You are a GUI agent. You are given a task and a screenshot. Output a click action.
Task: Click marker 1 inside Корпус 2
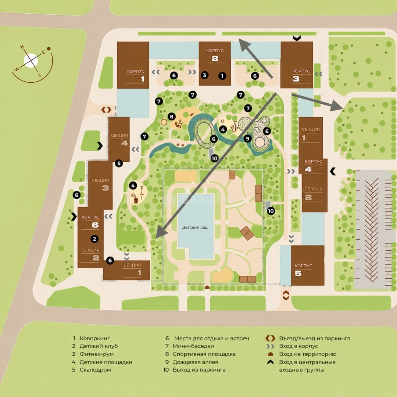222,76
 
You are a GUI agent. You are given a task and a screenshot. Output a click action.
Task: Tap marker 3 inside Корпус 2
205,75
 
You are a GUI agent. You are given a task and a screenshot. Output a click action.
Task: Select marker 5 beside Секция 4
119,163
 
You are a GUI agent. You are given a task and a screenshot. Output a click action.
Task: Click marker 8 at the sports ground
172,117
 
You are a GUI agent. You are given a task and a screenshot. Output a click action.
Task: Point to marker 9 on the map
247,139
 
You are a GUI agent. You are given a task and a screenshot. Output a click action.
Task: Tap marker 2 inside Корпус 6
94,239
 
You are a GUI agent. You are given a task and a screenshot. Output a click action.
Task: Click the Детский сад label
195,228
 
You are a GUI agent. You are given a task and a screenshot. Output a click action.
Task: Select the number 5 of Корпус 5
298,273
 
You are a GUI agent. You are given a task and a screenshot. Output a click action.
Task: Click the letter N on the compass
22,47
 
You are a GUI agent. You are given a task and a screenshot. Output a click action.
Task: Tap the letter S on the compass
40,75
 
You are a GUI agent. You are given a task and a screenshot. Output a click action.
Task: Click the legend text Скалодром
95,370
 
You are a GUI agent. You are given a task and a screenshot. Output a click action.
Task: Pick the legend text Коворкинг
95,338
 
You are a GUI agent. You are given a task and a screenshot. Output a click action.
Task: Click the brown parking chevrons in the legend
270,338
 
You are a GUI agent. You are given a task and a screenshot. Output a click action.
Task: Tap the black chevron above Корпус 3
297,38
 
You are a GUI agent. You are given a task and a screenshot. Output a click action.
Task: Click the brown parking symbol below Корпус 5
286,295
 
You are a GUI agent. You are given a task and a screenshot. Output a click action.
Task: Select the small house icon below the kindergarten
207,287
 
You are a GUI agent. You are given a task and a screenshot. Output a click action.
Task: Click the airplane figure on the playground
234,126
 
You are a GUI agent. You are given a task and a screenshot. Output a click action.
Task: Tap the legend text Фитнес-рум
96,354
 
